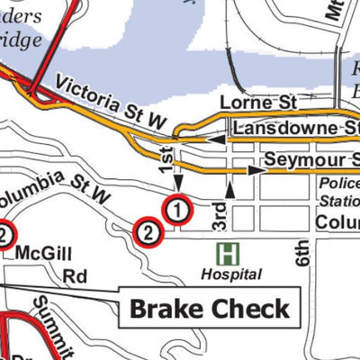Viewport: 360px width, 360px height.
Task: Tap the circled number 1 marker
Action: click(x=177, y=211)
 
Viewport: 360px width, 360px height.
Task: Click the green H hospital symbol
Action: click(x=229, y=253)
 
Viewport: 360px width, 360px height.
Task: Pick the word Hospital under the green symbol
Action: click(x=230, y=274)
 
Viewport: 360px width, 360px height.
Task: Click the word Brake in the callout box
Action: click(x=170, y=309)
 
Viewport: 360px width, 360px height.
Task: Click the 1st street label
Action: click(x=166, y=159)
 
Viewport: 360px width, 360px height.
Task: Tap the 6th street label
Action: click(x=301, y=255)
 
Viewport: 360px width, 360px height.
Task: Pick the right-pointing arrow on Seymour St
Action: click(x=244, y=168)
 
